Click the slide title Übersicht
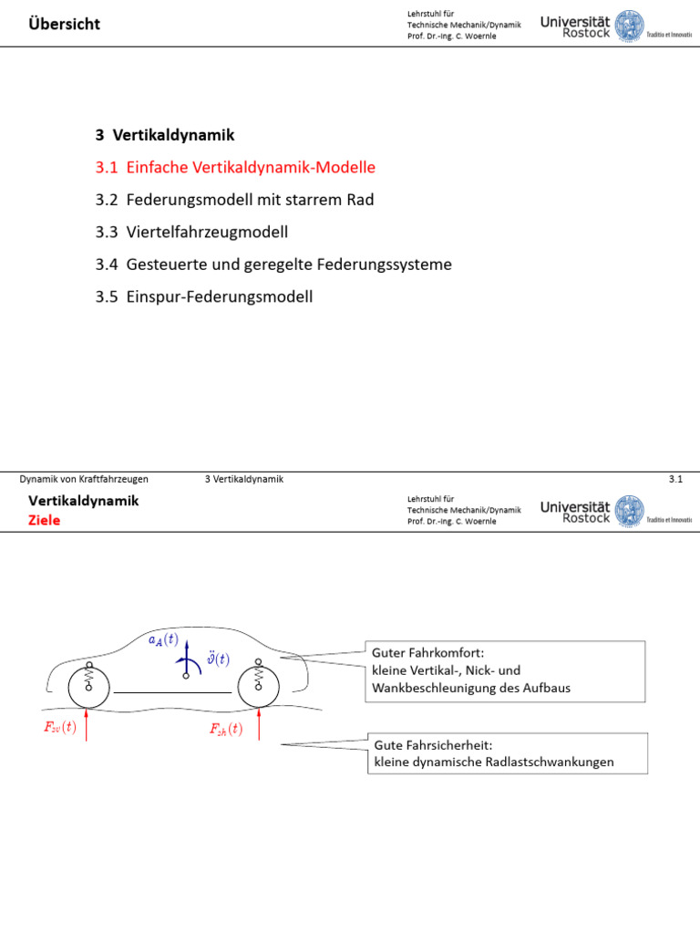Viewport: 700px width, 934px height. [65, 24]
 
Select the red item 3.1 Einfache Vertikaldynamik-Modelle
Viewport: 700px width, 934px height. [235, 168]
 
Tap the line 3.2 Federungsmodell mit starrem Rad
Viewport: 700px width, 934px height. [234, 200]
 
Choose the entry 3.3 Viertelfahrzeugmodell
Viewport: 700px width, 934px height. [191, 232]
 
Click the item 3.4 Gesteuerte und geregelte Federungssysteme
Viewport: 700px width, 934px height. [273, 264]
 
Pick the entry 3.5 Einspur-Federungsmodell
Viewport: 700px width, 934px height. [204, 296]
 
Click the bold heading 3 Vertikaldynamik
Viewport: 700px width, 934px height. [165, 135]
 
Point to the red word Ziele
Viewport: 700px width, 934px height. [44, 520]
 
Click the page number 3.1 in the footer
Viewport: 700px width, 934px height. [675, 479]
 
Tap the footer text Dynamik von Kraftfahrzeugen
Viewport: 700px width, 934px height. [84, 479]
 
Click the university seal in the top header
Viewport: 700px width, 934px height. [629, 26]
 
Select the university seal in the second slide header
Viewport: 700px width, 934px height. [629, 511]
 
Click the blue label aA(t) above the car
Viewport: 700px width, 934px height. [163, 640]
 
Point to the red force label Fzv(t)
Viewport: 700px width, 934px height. [60, 727]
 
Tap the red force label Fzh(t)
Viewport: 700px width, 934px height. [226, 729]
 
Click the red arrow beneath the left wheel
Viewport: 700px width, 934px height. [87, 724]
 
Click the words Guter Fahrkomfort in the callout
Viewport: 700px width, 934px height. [428, 653]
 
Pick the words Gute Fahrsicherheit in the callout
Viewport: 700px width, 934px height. [433, 745]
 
